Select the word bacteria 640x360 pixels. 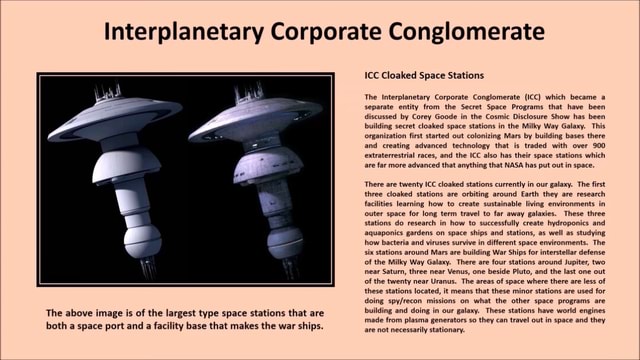395,229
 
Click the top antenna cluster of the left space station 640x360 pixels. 107,92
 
